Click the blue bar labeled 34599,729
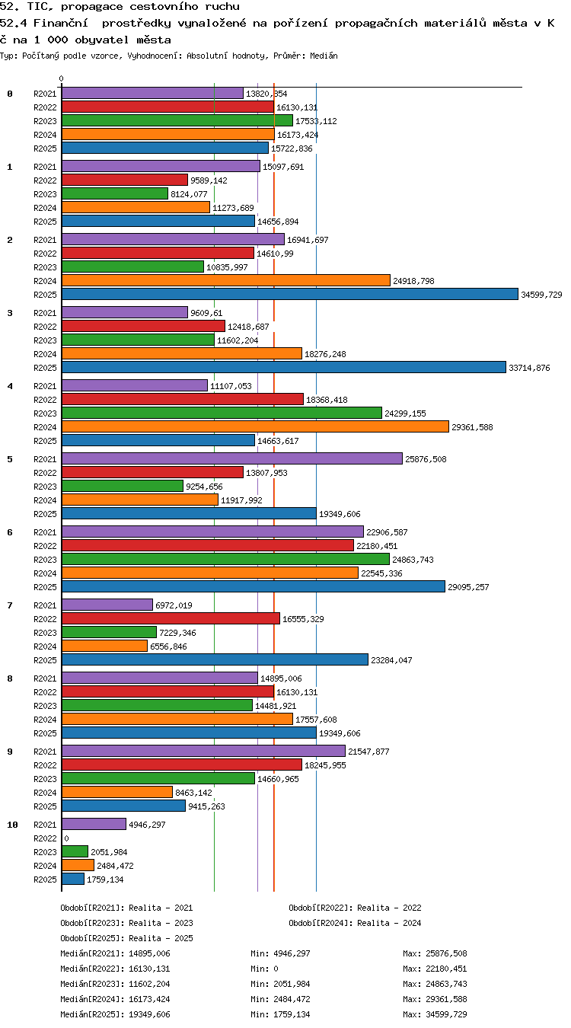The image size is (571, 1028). pos(289,294)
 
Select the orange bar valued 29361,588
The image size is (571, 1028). pos(255,426)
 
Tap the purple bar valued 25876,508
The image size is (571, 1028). pos(231,459)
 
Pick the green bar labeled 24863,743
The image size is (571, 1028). pos(225,560)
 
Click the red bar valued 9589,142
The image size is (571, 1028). pos(124,180)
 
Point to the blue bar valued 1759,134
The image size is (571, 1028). pos(73,880)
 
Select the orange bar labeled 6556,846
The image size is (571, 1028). pos(104,646)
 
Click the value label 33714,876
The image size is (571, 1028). pos(529,368)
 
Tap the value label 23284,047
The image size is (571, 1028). pos(391,660)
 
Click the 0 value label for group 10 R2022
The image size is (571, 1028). pos(66,838)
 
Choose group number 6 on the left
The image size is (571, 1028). pos(10,532)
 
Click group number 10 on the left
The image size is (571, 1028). pos(12,825)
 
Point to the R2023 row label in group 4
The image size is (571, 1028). pos(45,413)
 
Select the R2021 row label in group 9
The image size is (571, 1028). pos(45,752)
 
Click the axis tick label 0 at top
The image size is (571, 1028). pos(61,78)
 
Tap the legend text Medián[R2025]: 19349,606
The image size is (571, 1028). pos(115,1014)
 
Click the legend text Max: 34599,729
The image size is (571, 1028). pos(435,1014)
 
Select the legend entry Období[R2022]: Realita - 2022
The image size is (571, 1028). pos(355,908)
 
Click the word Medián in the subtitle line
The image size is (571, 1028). pos(324,56)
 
